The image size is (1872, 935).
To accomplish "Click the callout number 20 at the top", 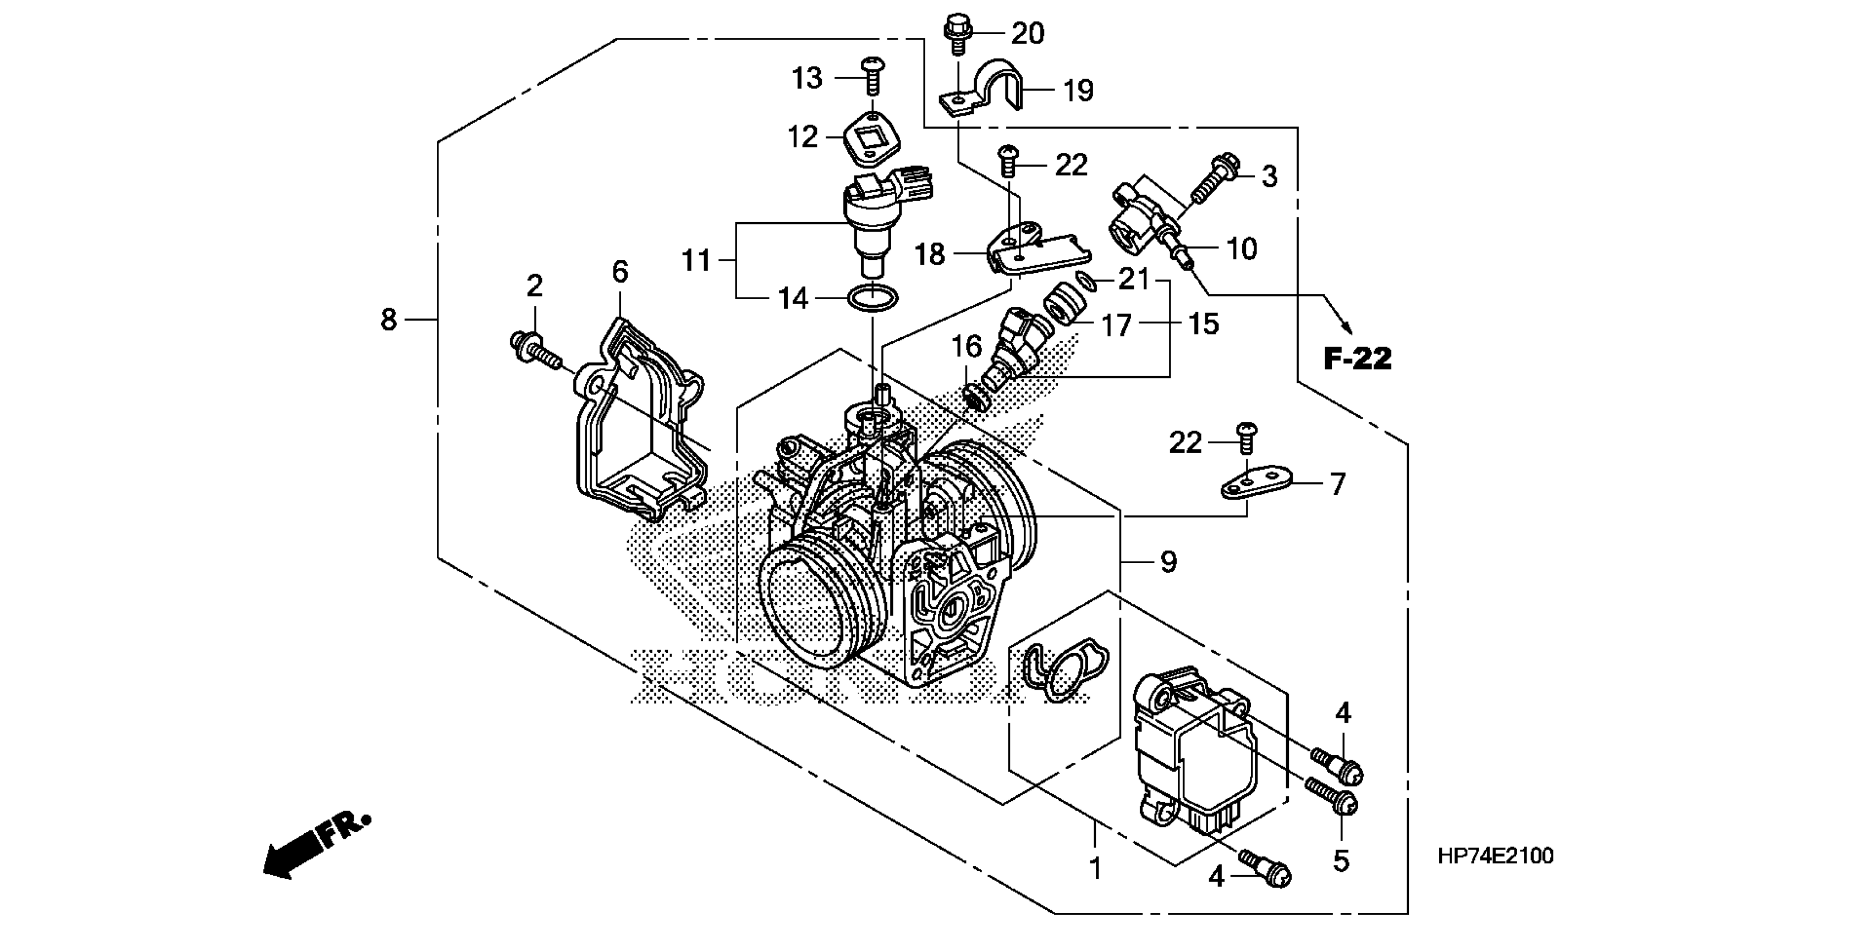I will coord(1028,34).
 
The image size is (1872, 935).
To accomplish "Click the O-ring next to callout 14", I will coord(873,298).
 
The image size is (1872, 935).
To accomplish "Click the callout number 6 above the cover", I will coord(619,272).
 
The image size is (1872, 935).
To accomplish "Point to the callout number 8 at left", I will coord(389,319).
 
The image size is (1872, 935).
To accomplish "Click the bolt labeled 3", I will coord(1214,178).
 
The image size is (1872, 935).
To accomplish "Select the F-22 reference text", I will coord(1357,360).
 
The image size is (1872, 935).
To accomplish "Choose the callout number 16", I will coord(967,347).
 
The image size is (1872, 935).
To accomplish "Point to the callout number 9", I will coord(1168,562).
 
